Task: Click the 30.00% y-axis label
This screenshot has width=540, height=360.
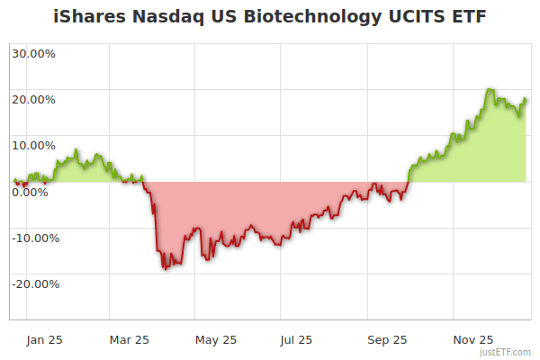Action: coord(33,53)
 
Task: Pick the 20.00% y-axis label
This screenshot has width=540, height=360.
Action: coord(33,99)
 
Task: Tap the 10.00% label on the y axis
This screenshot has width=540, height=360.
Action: coord(33,145)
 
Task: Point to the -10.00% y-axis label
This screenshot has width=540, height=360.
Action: coord(33,238)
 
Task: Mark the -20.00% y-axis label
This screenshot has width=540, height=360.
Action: coord(33,283)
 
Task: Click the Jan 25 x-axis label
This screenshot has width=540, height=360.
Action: coord(43,339)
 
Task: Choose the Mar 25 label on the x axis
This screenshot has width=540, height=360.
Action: coord(130,339)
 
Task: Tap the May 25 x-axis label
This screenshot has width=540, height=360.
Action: coord(216,339)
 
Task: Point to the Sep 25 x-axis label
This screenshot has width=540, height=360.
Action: coord(387,339)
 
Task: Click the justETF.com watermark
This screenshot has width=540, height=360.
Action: coord(505,353)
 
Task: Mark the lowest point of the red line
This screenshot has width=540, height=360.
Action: coord(164,269)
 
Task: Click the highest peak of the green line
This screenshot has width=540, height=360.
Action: coord(489,89)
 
